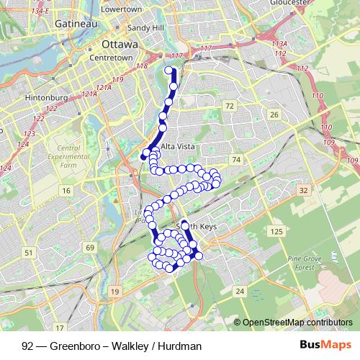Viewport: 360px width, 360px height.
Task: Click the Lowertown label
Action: click(x=122, y=9)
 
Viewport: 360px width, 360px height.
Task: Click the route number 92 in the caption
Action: click(x=27, y=346)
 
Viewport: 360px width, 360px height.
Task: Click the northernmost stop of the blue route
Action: click(x=170, y=70)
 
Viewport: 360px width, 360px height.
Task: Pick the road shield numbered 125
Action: click(x=276, y=231)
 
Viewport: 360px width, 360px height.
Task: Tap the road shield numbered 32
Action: click(x=304, y=190)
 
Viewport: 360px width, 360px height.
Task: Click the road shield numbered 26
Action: click(x=274, y=114)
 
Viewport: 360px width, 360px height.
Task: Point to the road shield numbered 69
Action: click(x=90, y=248)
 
